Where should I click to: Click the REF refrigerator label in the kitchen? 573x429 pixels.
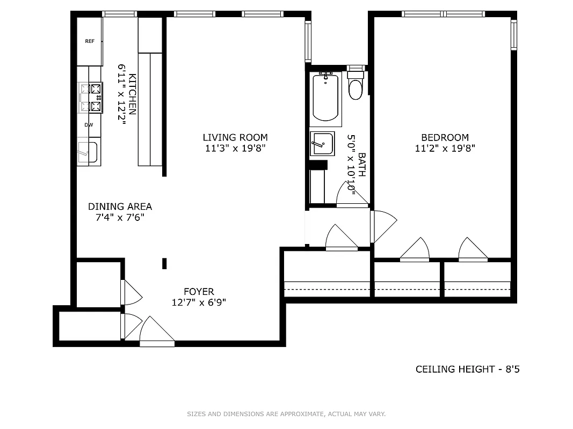click(90, 41)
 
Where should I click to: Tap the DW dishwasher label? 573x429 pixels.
click(89, 125)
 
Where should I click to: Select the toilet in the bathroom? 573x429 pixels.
click(356, 88)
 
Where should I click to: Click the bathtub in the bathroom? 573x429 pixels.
click(325, 97)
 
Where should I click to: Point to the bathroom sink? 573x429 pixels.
click(322, 144)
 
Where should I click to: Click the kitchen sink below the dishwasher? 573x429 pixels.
click(88, 152)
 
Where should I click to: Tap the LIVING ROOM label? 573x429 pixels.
click(235, 137)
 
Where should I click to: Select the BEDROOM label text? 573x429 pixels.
click(445, 137)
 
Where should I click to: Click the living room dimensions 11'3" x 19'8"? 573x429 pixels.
click(235, 149)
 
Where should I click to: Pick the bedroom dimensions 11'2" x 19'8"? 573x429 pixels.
click(445, 149)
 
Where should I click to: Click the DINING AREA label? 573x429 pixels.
click(120, 206)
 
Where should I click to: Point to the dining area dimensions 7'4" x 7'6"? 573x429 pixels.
click(120, 218)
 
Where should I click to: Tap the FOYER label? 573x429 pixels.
click(199, 292)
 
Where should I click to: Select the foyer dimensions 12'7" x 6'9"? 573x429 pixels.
click(199, 302)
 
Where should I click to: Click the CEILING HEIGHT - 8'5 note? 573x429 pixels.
click(467, 369)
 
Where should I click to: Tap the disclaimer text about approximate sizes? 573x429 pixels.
click(286, 414)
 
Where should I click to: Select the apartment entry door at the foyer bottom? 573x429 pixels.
click(156, 332)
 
